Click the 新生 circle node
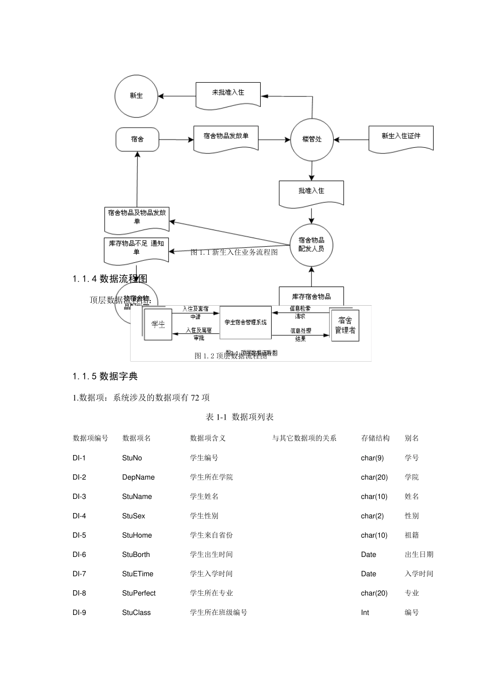coord(136,96)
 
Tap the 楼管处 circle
coord(312,139)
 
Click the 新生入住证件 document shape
coord(401,138)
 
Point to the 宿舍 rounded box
coord(137,139)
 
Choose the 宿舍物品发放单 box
coord(226,138)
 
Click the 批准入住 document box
coord(312,193)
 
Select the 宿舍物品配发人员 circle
coord(312,245)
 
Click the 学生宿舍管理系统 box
coord(246,322)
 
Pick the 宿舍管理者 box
coord(345,325)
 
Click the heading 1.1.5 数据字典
coord(105,376)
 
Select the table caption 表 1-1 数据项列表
coord(239,417)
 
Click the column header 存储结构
coord(375,438)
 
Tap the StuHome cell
coord(137,535)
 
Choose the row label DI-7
coord(79,574)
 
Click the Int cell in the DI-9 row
coord(365,612)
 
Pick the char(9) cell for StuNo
coord(372,458)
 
